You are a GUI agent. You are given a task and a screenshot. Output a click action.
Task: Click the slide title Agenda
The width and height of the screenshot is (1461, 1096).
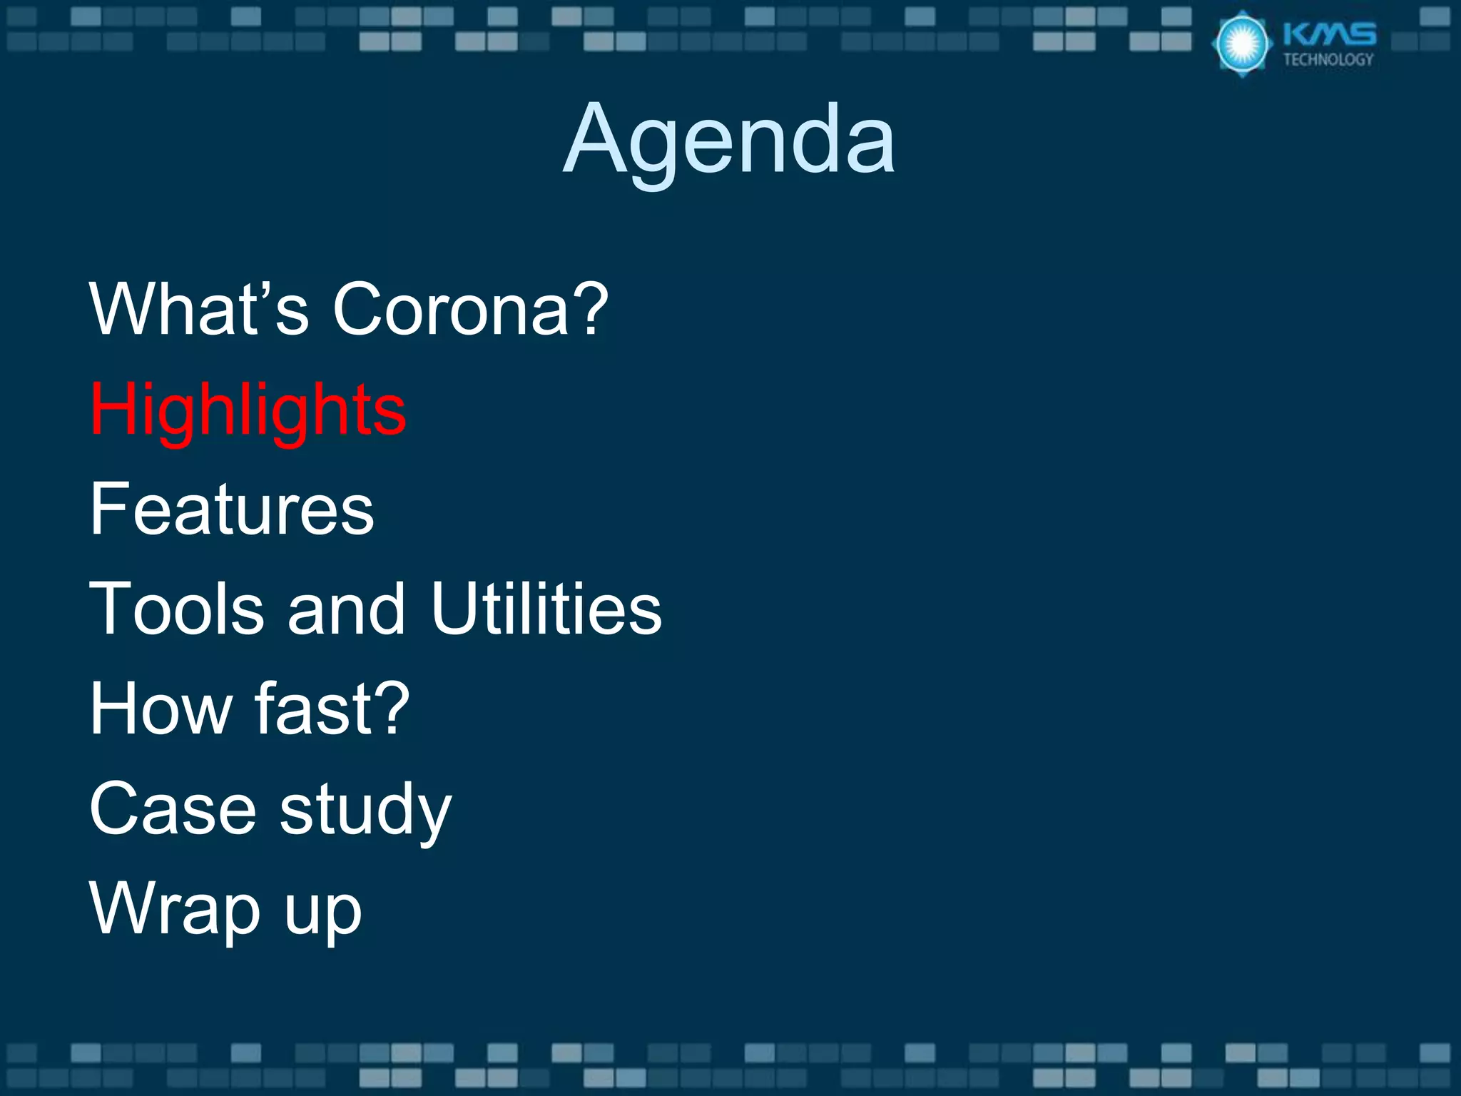[x=729, y=139]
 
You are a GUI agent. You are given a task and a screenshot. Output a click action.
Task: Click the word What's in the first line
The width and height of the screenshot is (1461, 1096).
[x=199, y=309]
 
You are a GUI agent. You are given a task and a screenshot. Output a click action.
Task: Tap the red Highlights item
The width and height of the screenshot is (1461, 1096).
[x=248, y=410]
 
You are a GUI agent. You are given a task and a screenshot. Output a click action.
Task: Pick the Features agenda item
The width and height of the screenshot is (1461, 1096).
[x=232, y=509]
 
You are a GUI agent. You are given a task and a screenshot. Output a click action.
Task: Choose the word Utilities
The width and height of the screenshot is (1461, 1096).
[x=546, y=609]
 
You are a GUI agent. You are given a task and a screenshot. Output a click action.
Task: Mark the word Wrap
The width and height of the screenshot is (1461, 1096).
[x=175, y=910]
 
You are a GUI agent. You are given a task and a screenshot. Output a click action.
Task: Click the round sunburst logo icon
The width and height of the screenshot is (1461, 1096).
[x=1242, y=44]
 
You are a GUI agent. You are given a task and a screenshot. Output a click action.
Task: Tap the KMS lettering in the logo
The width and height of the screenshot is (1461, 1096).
[x=1329, y=34]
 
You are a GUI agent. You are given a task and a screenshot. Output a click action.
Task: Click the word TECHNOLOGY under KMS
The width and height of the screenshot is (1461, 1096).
[x=1328, y=60]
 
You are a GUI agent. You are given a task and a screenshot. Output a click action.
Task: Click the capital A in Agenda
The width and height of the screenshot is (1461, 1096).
[x=596, y=139]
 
